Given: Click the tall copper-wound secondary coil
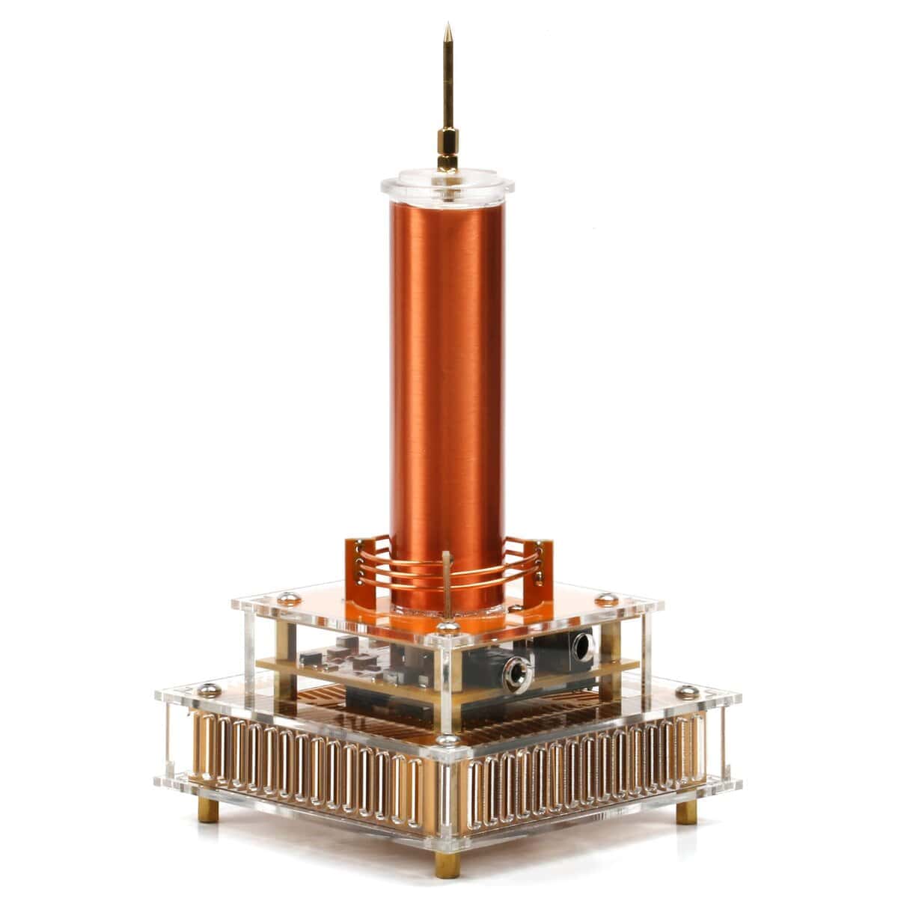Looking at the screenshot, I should click(446, 374).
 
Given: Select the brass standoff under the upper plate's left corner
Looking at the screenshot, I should click(283, 640).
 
